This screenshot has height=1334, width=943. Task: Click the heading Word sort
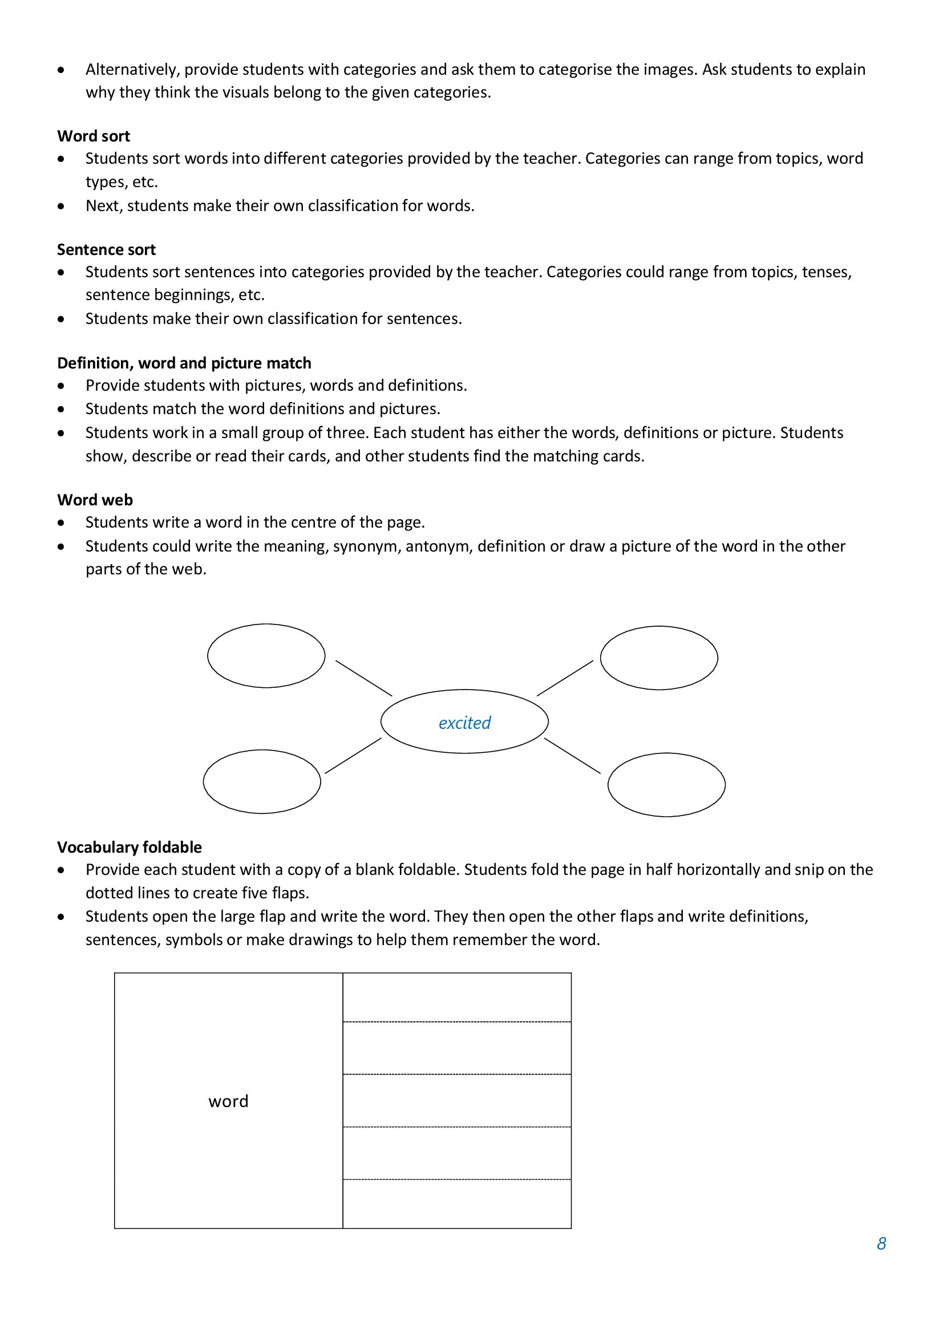(x=94, y=136)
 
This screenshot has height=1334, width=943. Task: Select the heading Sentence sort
(x=106, y=250)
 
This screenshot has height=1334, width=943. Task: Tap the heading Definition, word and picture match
(x=184, y=363)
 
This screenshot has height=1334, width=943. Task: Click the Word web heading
(x=95, y=500)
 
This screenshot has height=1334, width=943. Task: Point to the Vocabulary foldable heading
(x=129, y=847)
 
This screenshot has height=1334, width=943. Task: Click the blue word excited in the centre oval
(x=464, y=723)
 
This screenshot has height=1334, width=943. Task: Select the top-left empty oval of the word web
(x=266, y=656)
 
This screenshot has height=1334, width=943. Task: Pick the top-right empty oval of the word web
(x=659, y=658)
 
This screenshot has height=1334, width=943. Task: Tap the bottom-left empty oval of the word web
(x=262, y=781)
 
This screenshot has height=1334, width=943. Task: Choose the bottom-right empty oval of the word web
(x=666, y=785)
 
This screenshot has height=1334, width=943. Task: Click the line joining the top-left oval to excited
(x=364, y=678)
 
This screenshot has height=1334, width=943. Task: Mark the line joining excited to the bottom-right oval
(x=572, y=756)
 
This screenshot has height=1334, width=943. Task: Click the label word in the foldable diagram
(x=228, y=1101)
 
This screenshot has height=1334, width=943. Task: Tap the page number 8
(x=881, y=1243)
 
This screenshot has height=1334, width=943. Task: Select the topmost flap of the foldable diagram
(x=457, y=998)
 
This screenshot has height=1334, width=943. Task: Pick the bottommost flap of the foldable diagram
(x=457, y=1203)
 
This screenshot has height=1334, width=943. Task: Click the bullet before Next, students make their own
(x=61, y=206)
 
